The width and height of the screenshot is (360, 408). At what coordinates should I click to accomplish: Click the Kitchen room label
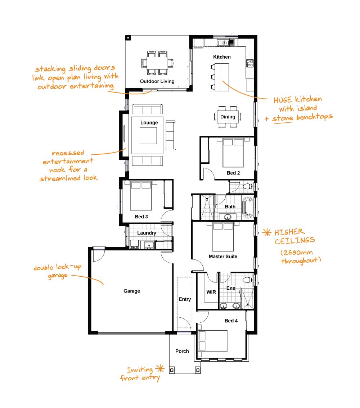pyautogui.click(x=222, y=57)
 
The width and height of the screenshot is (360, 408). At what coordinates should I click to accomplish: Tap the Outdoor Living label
pyautogui.click(x=157, y=81)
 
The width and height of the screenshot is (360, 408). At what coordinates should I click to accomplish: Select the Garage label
pyautogui.click(x=132, y=291)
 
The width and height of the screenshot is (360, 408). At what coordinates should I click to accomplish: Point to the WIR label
pyautogui.click(x=211, y=292)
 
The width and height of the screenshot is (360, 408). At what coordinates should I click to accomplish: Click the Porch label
pyautogui.click(x=182, y=351)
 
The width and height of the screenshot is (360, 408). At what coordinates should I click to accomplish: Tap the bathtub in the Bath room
pyautogui.click(x=247, y=207)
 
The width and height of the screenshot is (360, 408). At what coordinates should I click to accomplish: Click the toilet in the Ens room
pyautogui.click(x=248, y=280)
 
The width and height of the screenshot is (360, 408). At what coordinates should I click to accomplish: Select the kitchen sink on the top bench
pyautogui.click(x=223, y=43)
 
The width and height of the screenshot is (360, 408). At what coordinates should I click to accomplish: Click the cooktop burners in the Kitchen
pyautogui.click(x=250, y=63)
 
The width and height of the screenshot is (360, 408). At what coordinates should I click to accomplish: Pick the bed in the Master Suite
pyautogui.click(x=223, y=236)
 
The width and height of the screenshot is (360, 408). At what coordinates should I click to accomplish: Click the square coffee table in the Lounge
pyautogui.click(x=148, y=136)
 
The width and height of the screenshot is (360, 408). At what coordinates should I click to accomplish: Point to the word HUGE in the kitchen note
pyautogui.click(x=283, y=100)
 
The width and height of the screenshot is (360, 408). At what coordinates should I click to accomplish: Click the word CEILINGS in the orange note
pyautogui.click(x=295, y=240)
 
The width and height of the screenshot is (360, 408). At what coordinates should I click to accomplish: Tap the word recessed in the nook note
pyautogui.click(x=68, y=153)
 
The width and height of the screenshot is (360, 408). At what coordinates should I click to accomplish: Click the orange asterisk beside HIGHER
pyautogui.click(x=267, y=232)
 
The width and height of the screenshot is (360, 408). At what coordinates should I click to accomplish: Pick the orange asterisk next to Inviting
pyautogui.click(x=160, y=368)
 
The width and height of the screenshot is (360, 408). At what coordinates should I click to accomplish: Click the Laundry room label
pyautogui.click(x=147, y=233)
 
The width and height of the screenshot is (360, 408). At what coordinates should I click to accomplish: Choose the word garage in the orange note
pyautogui.click(x=58, y=276)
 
